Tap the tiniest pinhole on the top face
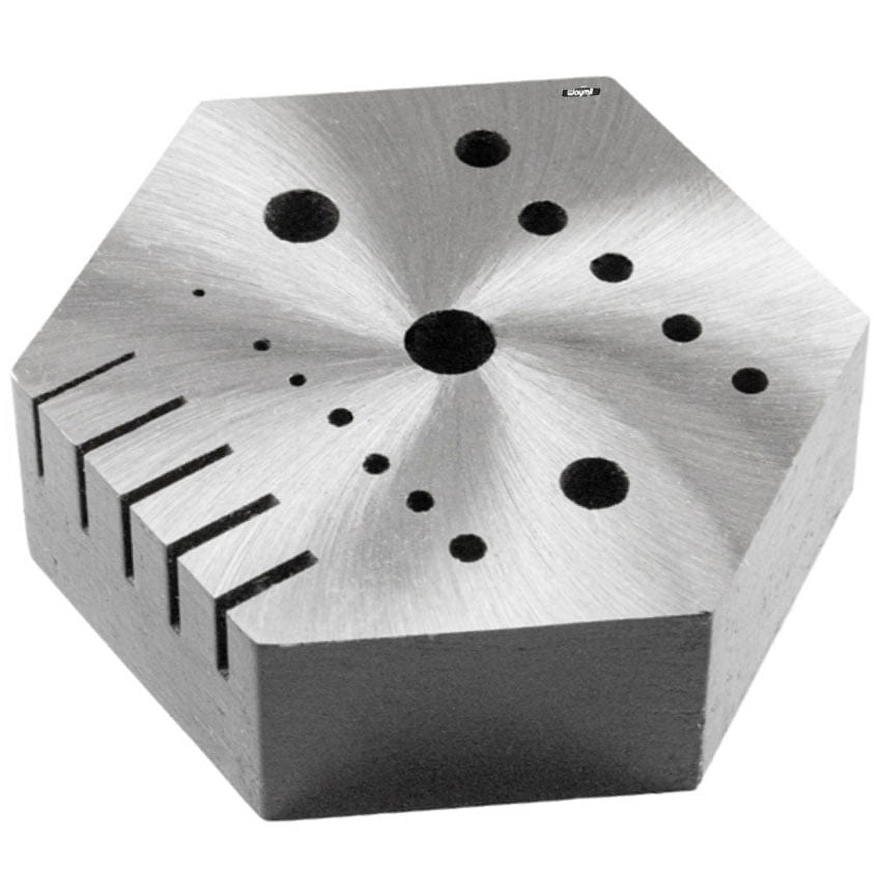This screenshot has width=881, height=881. [x=199, y=293]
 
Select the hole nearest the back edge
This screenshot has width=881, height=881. [x=482, y=148]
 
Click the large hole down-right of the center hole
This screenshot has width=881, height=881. [x=594, y=483]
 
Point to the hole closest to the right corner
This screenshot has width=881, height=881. [x=750, y=381]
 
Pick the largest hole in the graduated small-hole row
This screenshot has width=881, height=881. [x=468, y=548]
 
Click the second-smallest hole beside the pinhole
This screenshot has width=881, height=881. [x=261, y=345]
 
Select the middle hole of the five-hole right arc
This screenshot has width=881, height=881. [x=612, y=267]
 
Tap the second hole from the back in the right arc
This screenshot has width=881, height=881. [x=543, y=217]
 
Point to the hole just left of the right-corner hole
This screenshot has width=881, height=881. [x=683, y=328]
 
